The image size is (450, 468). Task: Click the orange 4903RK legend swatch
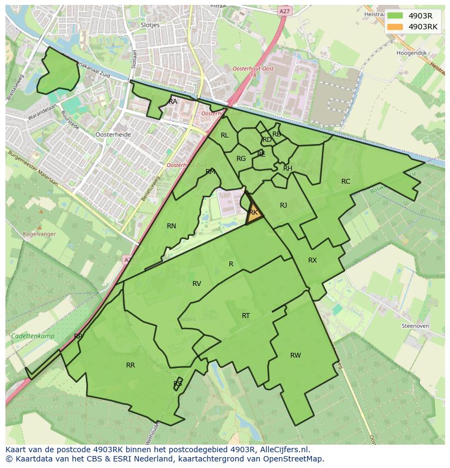pyautogui.click(x=395, y=27)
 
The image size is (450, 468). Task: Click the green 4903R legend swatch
pyautogui.click(x=395, y=16)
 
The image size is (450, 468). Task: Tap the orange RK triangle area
pyautogui.click(x=254, y=213)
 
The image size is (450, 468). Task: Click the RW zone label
pyautogui.click(x=295, y=355)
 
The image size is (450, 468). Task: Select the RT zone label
pyautogui.click(x=246, y=316)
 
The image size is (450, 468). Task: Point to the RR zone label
pyautogui.click(x=130, y=365)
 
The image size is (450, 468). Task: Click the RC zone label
pyautogui.click(x=346, y=182)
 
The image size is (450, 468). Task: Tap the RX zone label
pyautogui.click(x=312, y=260)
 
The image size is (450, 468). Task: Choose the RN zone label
pyautogui.click(x=171, y=226)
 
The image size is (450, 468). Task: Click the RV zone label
pyautogui.click(x=197, y=284)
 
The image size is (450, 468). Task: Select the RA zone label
pyautogui.click(x=173, y=102)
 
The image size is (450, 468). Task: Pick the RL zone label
pyautogui.click(x=224, y=135)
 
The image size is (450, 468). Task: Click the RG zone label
pyautogui.click(x=241, y=159)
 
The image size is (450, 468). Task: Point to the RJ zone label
pyautogui.click(x=283, y=205)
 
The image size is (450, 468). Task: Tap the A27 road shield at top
pyautogui.click(x=284, y=10)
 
